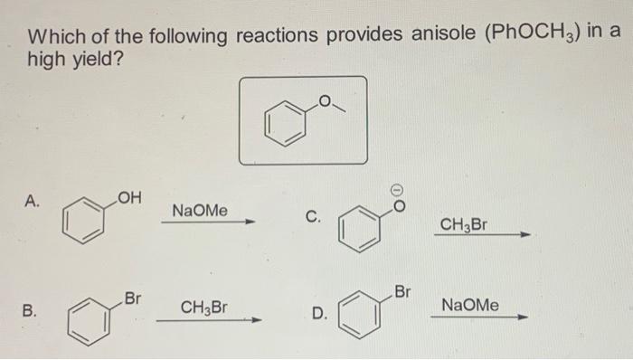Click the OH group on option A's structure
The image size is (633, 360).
point(126,194)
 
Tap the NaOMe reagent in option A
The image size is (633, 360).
point(199,211)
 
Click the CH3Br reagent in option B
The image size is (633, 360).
point(204,308)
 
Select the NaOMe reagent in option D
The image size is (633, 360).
point(468,306)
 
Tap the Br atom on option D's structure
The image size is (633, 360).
point(402,292)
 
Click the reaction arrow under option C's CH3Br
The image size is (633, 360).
point(479,235)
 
